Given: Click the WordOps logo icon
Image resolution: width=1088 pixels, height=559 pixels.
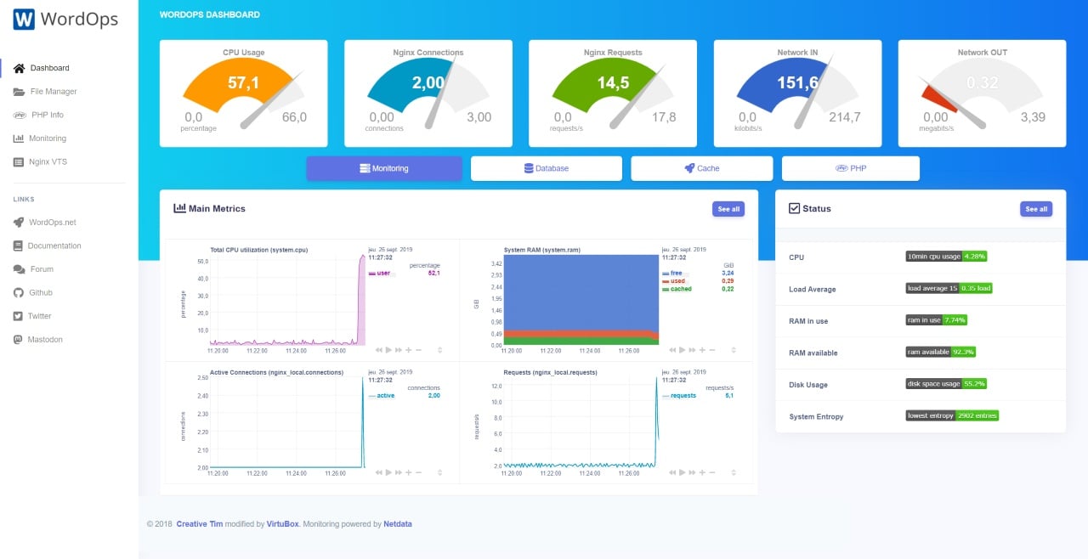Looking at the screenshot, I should click(24, 20).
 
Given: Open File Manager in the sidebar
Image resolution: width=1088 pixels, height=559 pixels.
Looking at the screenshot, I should click(53, 92).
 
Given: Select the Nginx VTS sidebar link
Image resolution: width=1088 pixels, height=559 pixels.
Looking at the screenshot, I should click(48, 162).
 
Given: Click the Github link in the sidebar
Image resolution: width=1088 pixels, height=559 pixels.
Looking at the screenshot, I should click(40, 293).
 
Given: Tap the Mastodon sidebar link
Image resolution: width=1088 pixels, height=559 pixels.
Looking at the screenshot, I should click(45, 340).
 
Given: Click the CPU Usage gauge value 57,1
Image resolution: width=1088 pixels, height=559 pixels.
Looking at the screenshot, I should click(243, 82).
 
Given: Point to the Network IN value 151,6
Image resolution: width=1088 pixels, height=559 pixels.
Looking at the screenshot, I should click(797, 82).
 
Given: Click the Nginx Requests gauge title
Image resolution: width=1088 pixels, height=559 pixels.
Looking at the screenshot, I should click(613, 53).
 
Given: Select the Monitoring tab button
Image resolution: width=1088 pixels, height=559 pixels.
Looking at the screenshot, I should click(384, 168).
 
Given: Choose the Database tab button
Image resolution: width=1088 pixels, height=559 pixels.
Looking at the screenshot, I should click(547, 168).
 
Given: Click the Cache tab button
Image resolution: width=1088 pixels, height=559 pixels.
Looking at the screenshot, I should click(702, 168).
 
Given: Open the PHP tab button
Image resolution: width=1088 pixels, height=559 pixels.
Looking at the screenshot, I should click(851, 168).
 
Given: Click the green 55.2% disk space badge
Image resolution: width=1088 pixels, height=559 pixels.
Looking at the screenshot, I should click(974, 384).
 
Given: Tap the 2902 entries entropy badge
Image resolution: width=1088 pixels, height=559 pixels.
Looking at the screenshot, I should click(977, 416).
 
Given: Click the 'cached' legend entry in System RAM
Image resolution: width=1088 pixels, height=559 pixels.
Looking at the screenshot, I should click(681, 289).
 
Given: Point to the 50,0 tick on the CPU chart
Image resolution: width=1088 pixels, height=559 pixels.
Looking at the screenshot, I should click(202, 262).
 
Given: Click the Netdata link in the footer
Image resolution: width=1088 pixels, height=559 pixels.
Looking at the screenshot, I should click(398, 524).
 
